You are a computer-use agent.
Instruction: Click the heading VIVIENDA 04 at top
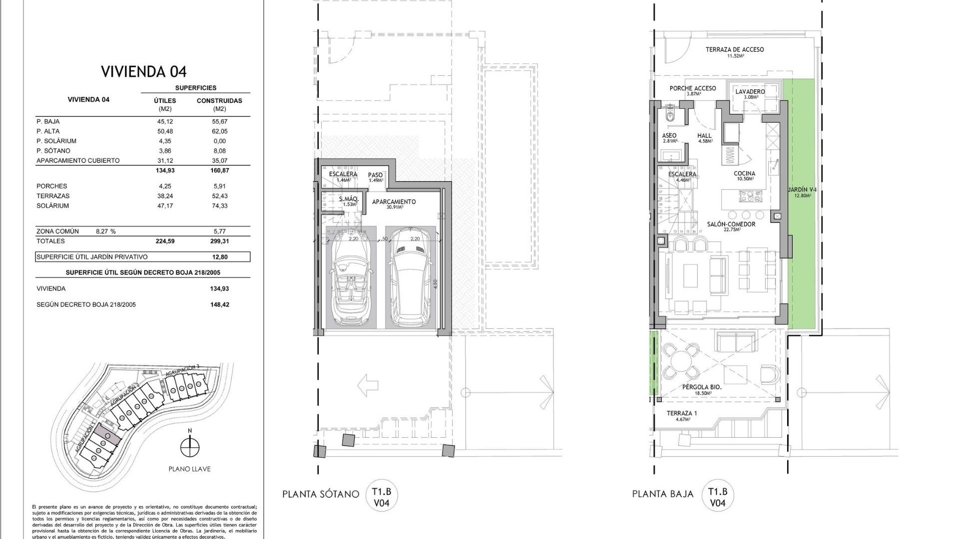144,72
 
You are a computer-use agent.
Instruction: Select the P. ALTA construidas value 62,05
219,131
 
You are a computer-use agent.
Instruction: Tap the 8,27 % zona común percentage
105,232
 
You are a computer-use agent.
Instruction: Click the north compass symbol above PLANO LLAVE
189,447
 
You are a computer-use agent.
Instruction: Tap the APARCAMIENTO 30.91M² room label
394,204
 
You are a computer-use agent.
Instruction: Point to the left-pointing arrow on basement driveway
368,385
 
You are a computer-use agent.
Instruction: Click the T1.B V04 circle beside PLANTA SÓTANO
382,497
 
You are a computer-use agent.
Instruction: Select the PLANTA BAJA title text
662,494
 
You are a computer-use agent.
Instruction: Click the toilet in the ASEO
670,116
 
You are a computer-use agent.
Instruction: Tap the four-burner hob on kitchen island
749,197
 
